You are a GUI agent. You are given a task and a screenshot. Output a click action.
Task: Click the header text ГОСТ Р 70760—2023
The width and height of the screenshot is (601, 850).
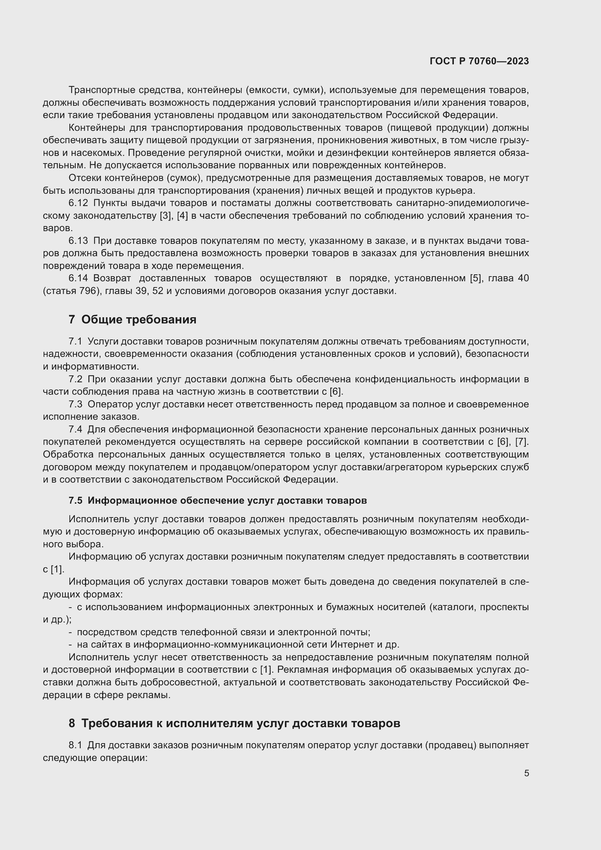[x=479, y=61]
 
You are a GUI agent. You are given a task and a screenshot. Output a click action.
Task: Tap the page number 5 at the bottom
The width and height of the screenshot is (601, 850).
[x=526, y=773]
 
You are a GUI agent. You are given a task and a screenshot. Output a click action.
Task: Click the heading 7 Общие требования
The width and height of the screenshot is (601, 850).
[x=133, y=319]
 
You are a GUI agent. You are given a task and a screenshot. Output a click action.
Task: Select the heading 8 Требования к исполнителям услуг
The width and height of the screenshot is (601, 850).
[x=234, y=723]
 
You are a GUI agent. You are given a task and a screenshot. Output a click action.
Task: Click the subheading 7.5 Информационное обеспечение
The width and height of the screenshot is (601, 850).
[x=218, y=500]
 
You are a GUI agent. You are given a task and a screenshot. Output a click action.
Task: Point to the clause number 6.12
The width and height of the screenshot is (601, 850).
[x=78, y=203]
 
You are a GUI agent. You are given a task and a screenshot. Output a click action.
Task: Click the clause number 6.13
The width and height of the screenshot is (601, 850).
[x=78, y=241]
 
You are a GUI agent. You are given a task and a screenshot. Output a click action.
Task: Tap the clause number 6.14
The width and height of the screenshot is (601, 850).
[x=78, y=278]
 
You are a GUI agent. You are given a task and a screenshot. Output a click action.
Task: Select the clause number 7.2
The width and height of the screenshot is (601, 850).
[x=76, y=379]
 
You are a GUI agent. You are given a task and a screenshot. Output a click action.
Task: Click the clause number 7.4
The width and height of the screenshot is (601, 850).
[x=76, y=430]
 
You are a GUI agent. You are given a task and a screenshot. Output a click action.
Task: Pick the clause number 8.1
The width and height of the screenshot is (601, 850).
[x=76, y=745]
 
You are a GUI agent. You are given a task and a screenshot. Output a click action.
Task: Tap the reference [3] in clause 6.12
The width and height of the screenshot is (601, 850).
[x=165, y=216]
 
